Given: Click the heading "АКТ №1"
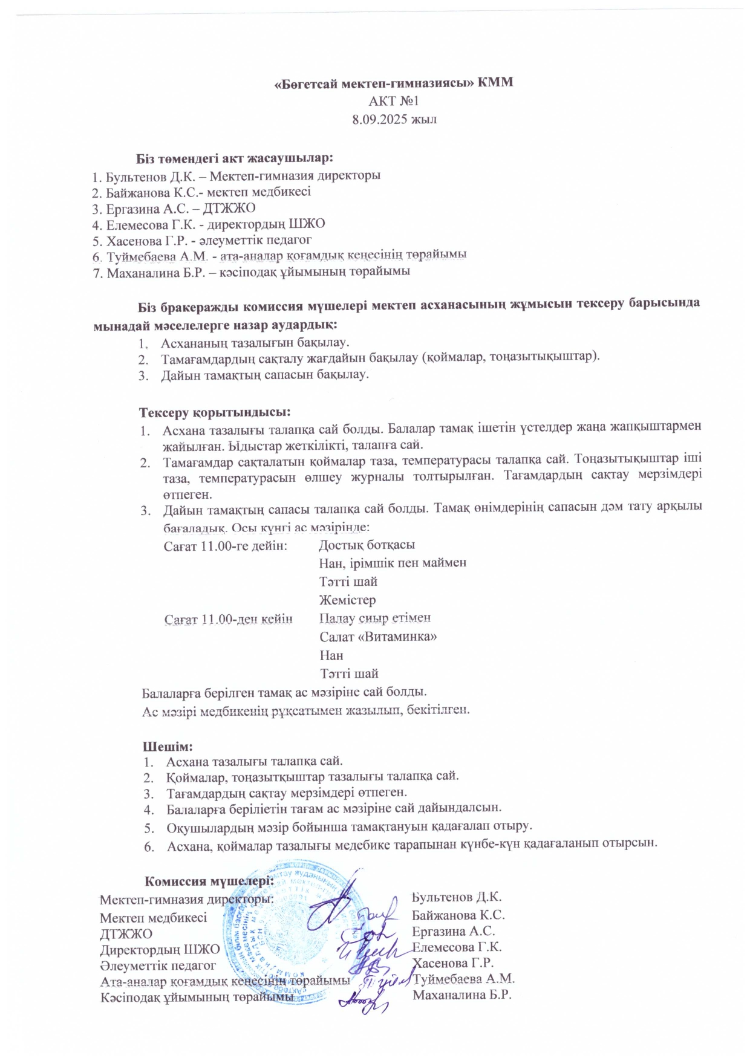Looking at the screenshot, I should [x=394, y=101].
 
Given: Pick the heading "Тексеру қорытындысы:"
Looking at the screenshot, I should [x=215, y=412].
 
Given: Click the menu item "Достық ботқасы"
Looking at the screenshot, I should [x=367, y=544].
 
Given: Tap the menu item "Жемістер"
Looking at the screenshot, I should [x=347, y=600].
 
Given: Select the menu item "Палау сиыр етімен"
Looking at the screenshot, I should [x=374, y=618].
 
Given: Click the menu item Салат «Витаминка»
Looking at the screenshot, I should [x=378, y=636].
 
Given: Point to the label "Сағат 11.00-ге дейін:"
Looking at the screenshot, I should [x=226, y=545].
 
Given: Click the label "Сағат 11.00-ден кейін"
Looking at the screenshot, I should [x=229, y=619].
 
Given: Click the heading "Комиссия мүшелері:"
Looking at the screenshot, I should [x=209, y=881].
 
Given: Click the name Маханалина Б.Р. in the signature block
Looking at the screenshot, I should [x=462, y=995].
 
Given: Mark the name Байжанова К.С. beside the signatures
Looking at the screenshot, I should [x=458, y=915].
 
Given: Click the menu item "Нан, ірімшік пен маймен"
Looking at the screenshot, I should [x=393, y=563].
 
